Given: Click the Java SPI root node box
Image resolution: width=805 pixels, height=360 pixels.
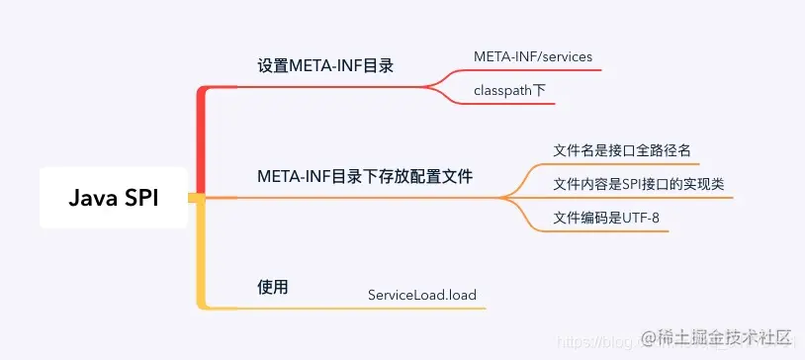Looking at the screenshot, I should point(114,198).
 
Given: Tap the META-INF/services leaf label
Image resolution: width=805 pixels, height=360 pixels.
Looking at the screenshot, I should point(533,56).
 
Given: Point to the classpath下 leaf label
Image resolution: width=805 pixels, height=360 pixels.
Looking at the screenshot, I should point(510,90).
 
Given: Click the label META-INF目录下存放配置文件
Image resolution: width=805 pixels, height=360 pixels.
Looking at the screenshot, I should point(365,177).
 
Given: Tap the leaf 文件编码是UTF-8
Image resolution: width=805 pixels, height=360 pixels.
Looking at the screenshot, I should point(606,217).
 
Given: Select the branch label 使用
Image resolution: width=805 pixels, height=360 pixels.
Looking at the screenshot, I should point(272,287).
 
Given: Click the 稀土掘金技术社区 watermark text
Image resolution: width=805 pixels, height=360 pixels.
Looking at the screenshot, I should point(718,339).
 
